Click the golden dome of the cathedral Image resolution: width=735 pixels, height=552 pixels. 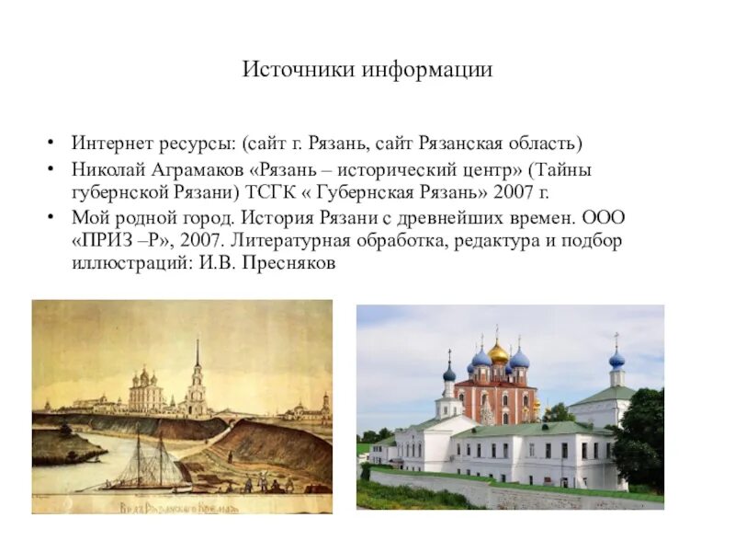coord(498,351)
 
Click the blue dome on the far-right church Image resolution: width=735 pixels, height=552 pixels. coord(616,358)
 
